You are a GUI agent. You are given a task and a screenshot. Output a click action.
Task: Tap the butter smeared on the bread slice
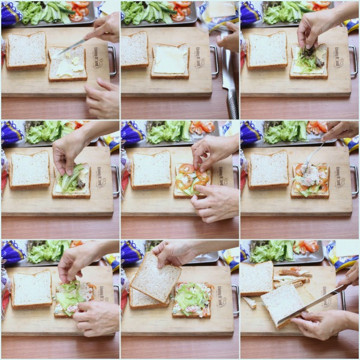[x=67, y=65]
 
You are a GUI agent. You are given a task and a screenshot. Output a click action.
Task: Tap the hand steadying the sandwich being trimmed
[x=318, y=324]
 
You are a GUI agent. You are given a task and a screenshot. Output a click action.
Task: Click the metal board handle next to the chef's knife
[x=214, y=60]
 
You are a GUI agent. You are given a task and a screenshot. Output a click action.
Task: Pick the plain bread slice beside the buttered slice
[x=26, y=51]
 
